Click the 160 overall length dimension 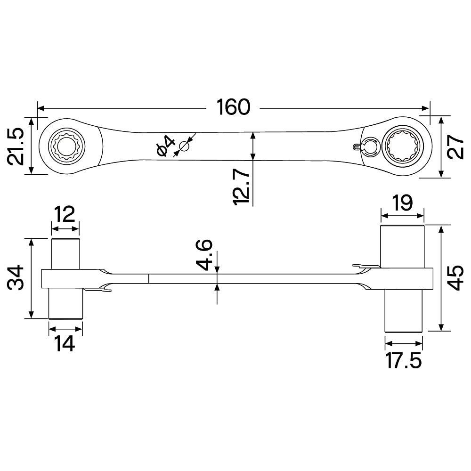pos(233,107)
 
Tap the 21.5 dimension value pos(17,146)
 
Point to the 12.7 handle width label pos(242,187)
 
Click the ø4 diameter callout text pos(165,145)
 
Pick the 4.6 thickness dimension pos(205,255)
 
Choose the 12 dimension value pos(65,215)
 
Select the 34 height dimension pos(17,279)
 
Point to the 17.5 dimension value pos(403,361)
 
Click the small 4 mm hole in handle pos(184,147)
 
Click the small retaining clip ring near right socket pos(369,146)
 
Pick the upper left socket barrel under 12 pos(65,253)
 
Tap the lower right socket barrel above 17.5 pos(403,311)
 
